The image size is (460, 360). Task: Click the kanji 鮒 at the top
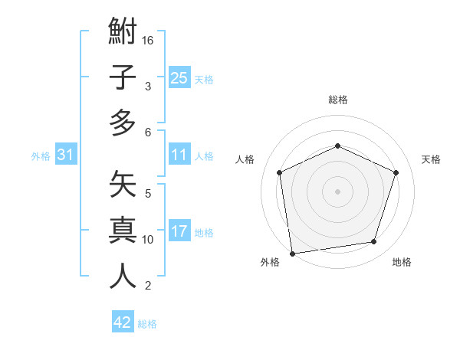point(123,34)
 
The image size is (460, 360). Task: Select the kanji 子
point(123,77)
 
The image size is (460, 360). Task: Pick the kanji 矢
point(123,186)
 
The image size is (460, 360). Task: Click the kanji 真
point(123,231)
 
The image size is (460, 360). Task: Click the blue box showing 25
point(179,78)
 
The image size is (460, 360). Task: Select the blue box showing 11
point(179,155)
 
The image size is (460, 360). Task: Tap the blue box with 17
point(179,232)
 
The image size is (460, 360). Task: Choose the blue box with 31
point(66,155)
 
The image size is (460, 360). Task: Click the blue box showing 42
point(123,322)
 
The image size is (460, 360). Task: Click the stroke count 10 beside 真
point(148,240)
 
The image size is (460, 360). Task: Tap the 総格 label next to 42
point(147,324)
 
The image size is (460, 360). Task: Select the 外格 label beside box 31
point(41,156)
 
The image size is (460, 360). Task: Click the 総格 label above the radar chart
point(337,100)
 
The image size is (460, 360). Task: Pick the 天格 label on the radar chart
point(431,159)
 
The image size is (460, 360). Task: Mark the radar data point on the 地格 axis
point(374,242)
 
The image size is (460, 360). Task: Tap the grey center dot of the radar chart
point(337,191)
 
